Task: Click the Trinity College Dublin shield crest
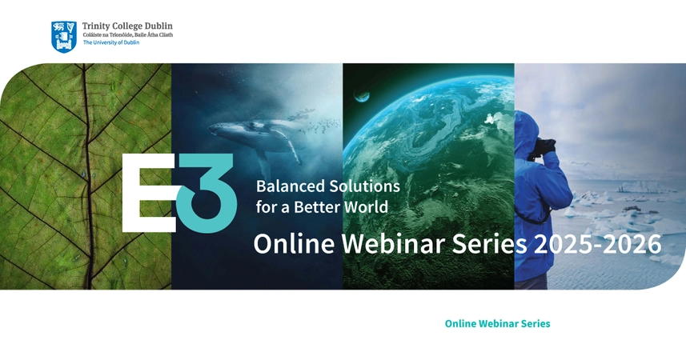tap(64, 36)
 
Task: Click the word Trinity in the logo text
tap(97, 26)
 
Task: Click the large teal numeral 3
tap(207, 193)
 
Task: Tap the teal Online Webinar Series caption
tap(497, 323)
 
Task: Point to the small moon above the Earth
tap(363, 97)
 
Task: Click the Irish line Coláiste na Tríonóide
tap(111, 35)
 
